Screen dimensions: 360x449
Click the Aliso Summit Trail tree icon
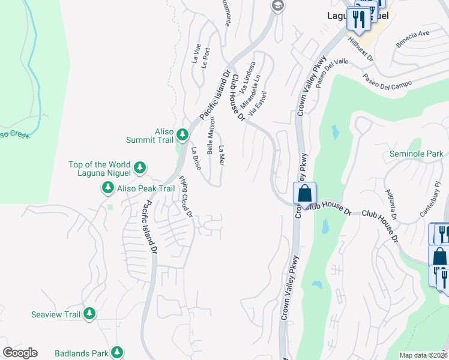tap(184, 136)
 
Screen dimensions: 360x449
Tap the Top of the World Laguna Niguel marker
tap(140, 167)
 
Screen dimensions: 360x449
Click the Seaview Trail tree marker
tap(89, 314)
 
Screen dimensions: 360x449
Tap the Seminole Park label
tap(416, 154)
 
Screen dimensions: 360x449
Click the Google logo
tap(20, 353)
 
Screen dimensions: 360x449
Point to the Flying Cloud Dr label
tap(185, 196)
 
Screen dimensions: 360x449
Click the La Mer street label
tap(221, 155)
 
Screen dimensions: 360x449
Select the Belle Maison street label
tap(211, 135)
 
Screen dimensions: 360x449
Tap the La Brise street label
tap(196, 158)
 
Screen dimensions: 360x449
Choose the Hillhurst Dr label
tap(361, 50)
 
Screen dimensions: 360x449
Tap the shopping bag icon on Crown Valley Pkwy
tap(305, 194)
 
